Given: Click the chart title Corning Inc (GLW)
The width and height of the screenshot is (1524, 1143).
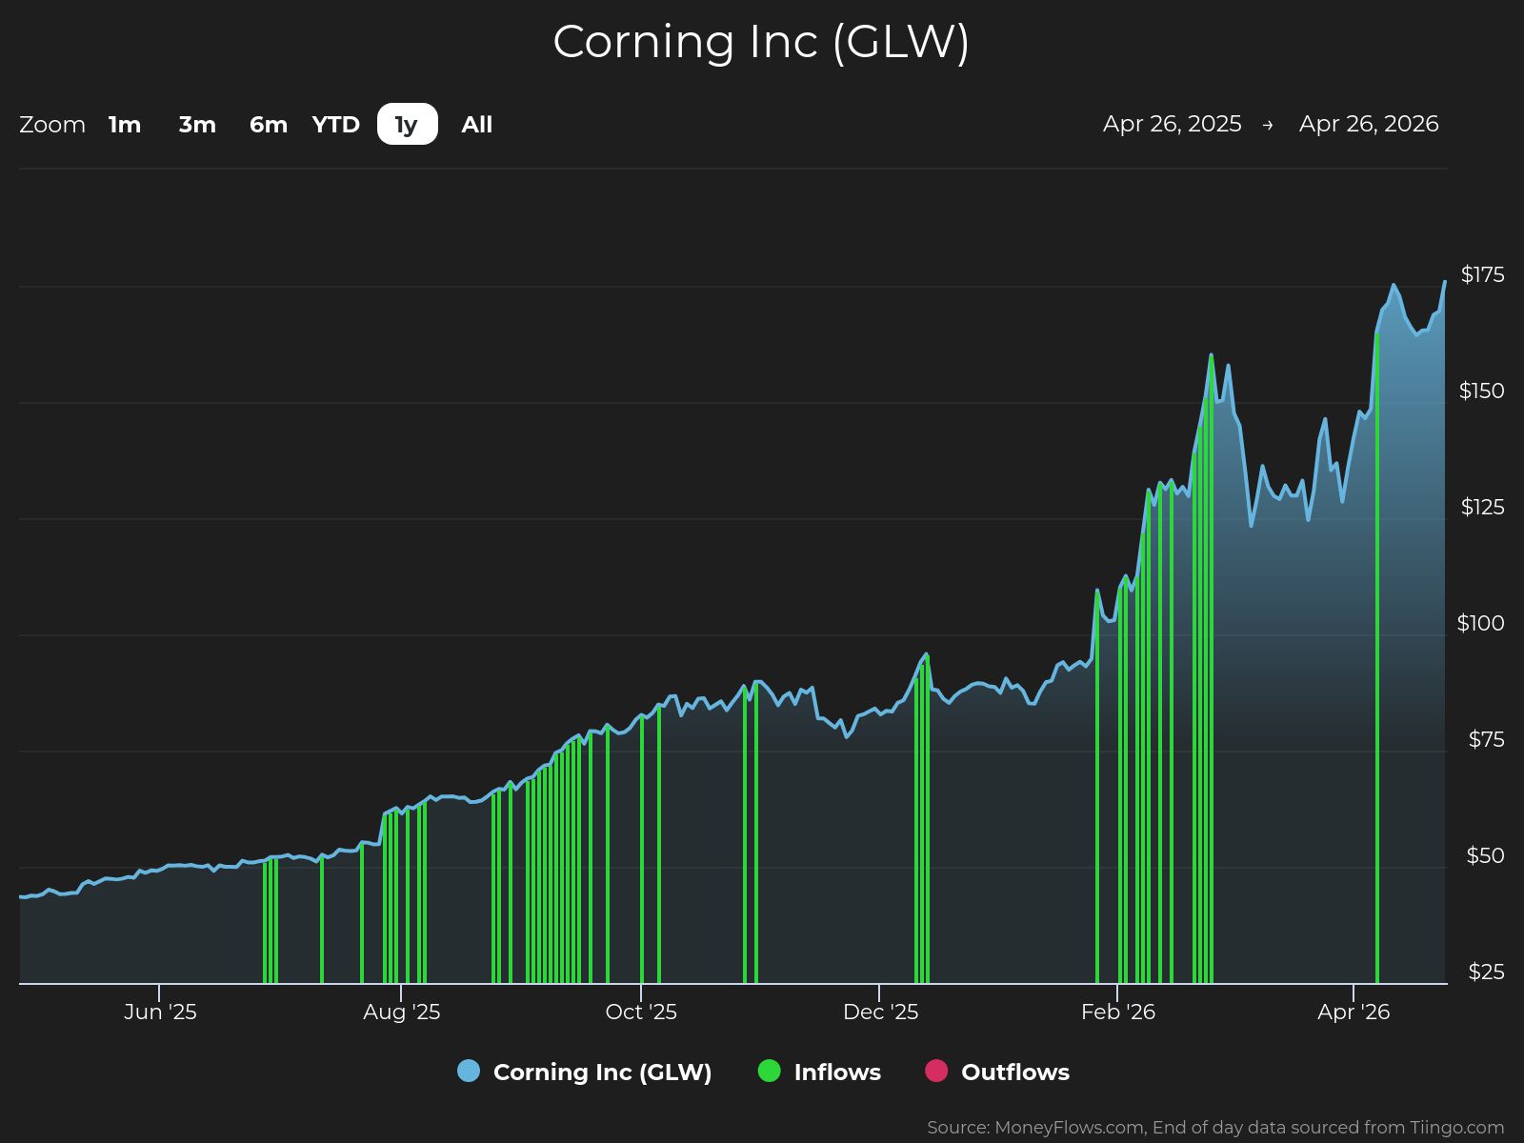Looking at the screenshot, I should point(761,42).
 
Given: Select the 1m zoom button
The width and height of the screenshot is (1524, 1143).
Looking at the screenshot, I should point(125,125).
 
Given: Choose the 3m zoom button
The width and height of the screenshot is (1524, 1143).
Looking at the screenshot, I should point(197,125).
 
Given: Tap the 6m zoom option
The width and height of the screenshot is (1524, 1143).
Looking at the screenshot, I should point(269,125).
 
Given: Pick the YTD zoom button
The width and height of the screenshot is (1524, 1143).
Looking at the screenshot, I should point(336,125).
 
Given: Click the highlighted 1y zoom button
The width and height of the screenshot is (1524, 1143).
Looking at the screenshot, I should point(407,125).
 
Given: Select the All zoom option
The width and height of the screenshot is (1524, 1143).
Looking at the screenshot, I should point(477,125).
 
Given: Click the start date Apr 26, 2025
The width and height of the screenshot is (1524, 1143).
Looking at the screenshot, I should point(1172,124).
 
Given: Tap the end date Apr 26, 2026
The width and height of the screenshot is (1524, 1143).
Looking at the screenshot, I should point(1369,124).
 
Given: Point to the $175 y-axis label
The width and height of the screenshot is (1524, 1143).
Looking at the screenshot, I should point(1482,275).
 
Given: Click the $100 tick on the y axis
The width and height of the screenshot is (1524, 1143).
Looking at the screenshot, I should point(1480,624).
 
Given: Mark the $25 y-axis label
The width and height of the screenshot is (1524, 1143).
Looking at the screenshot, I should point(1486,973).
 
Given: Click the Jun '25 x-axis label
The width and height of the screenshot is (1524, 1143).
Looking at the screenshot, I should point(160,1012).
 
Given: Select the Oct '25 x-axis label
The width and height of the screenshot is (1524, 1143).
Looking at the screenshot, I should point(641,1012).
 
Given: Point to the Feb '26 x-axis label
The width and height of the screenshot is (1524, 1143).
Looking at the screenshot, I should point(1117,1012).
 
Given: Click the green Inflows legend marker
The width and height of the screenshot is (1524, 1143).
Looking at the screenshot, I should point(769,1071).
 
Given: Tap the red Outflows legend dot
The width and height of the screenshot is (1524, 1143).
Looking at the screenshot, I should point(936,1071).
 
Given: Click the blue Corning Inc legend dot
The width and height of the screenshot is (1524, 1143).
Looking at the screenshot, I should point(469,1071).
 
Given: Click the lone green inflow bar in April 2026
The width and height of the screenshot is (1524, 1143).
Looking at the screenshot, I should point(1377,667).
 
